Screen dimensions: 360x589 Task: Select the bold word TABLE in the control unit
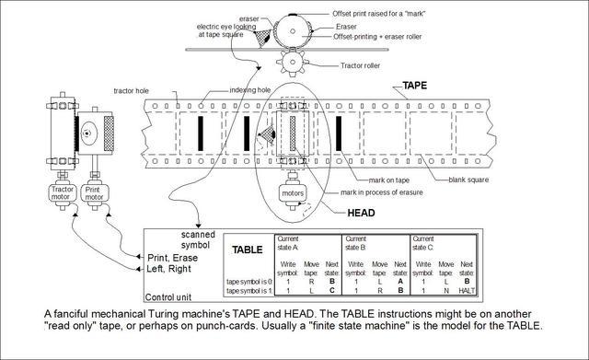click(247, 249)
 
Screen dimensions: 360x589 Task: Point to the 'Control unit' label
click(171, 297)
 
